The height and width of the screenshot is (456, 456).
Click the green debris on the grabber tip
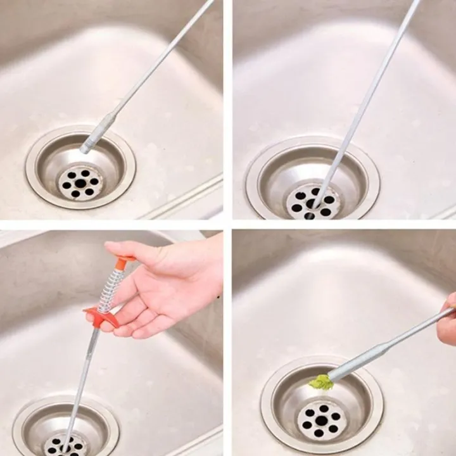(x=320, y=381)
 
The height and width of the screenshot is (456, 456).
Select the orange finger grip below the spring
(x=101, y=317)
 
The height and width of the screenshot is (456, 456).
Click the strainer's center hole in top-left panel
(x=80, y=183)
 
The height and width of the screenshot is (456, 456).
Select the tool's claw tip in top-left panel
(x=84, y=149)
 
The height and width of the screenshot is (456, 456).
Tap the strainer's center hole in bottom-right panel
(x=321, y=420)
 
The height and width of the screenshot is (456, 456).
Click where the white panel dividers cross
(x=227, y=224)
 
